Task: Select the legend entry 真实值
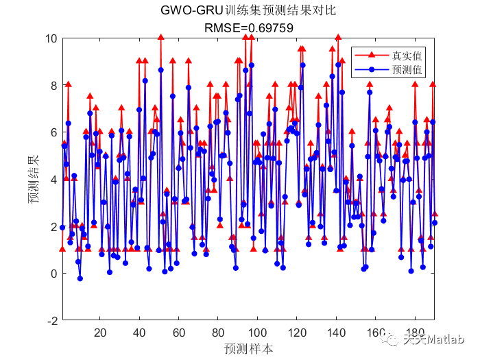pos(406,54)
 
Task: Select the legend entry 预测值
pos(406,69)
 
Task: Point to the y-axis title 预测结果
pos(32,180)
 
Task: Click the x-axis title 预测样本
pos(248,348)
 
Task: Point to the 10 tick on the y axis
pos(51,38)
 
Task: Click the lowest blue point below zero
pos(80,278)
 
